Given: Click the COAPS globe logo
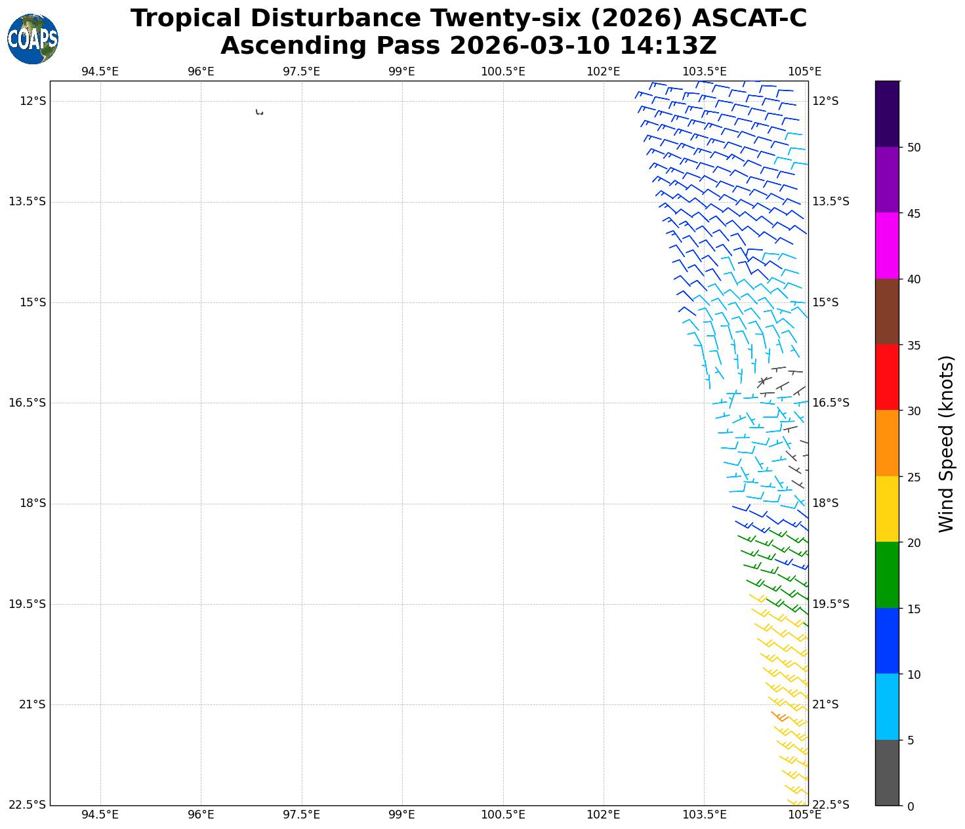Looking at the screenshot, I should [33, 39].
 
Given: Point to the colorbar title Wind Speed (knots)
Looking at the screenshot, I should [946, 443].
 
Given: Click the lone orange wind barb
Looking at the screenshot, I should [780, 717].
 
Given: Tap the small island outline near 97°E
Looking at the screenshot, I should [259, 112].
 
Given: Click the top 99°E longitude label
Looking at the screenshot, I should [401, 71].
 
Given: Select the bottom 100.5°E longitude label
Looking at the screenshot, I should [503, 815].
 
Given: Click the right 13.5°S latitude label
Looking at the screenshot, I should [831, 201].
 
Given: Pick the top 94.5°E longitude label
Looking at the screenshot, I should [100, 71].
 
